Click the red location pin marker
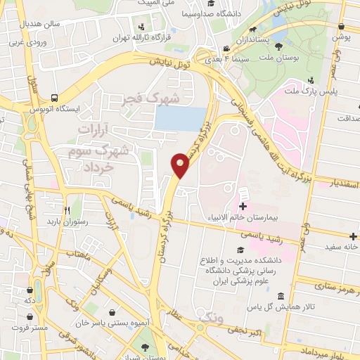[x=181, y=165]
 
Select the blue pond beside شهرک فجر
[x=182, y=118]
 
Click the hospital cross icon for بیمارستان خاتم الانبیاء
[x=243, y=206]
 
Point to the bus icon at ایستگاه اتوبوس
[x=55, y=98]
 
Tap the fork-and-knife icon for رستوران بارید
[x=67, y=210]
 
